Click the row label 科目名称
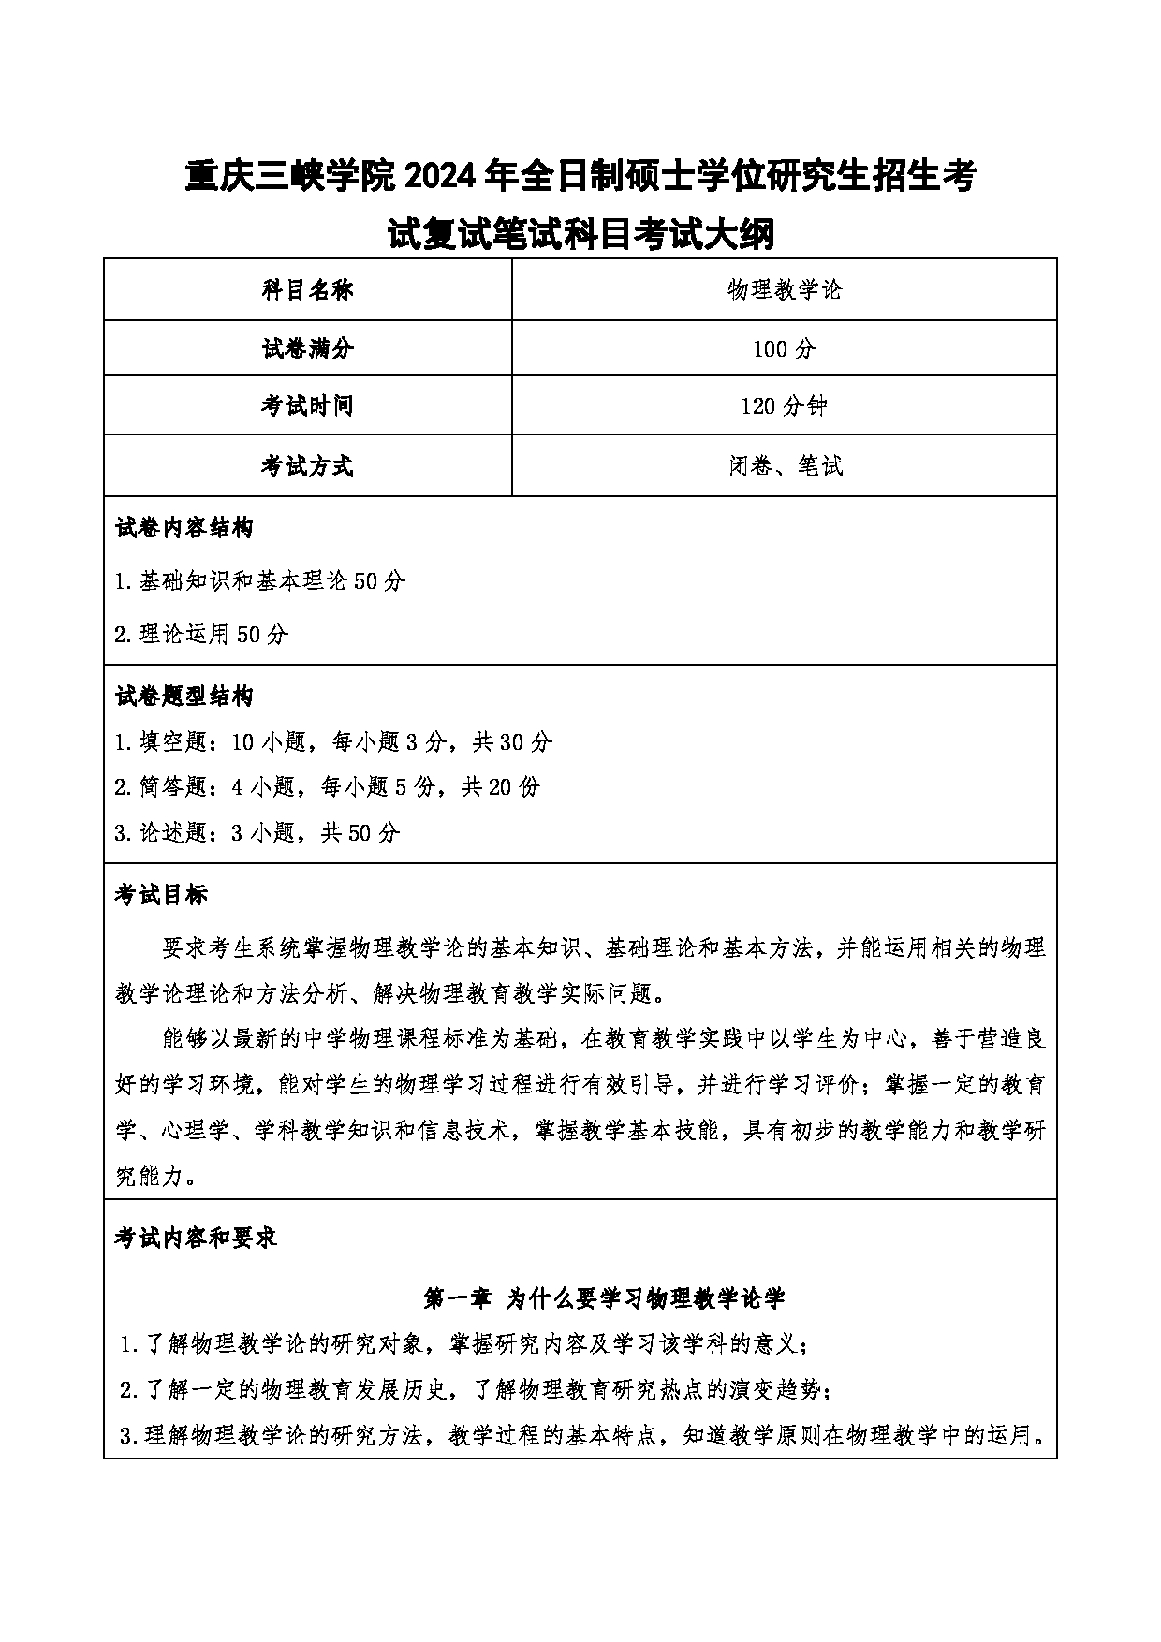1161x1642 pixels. point(307,290)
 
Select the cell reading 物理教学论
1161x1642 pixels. point(785,290)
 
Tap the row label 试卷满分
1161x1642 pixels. point(307,349)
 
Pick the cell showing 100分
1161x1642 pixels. point(785,349)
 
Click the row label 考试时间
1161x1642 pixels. point(307,406)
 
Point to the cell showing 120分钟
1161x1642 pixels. point(785,406)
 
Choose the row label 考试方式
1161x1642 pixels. point(307,465)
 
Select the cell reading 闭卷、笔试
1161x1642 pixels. point(785,465)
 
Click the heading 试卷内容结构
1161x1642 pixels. point(184,528)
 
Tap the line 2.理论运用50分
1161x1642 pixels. point(201,635)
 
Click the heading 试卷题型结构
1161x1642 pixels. point(184,696)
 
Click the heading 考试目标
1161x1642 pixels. point(161,895)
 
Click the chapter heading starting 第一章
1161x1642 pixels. point(604,1297)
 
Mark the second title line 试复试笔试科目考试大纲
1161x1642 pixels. point(580,234)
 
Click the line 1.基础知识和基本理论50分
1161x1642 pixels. point(259,581)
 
